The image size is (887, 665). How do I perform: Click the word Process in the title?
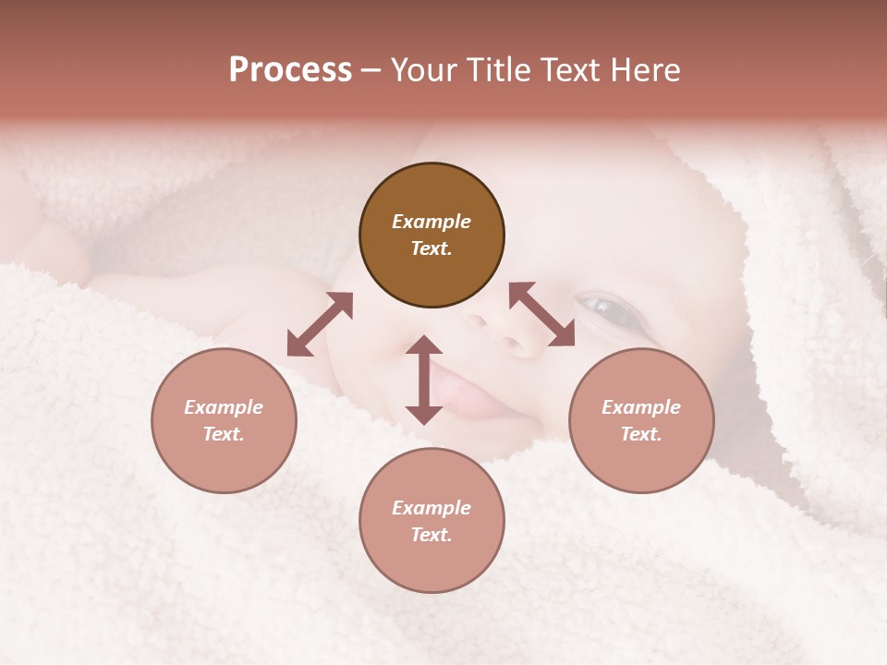click(290, 70)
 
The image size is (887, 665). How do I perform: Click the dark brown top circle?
click(431, 235)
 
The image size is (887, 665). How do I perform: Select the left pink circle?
click(224, 420)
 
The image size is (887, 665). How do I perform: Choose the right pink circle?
click(641, 420)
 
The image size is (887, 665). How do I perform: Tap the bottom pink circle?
click(431, 521)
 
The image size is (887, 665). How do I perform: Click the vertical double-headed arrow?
click(424, 380)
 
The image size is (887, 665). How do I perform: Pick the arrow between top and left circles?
click(320, 324)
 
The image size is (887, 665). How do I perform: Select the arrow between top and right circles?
click(541, 315)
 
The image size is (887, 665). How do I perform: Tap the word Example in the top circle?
click(431, 222)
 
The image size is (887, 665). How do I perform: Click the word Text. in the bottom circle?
click(431, 535)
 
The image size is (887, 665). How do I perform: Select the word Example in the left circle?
click(224, 407)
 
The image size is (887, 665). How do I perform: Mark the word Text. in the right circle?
click(641, 434)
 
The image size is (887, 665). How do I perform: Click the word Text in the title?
click(571, 70)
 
